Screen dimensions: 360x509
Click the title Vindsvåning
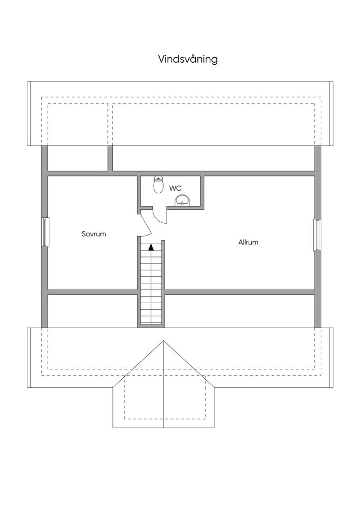tap(188, 59)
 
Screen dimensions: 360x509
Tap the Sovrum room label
tap(94, 234)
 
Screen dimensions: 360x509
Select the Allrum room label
tap(248, 243)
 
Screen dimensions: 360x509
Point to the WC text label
tap(175, 188)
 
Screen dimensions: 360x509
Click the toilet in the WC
tap(159, 185)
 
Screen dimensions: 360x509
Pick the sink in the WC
tap(182, 200)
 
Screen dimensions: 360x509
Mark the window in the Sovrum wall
tap(45, 232)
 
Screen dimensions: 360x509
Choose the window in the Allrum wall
tap(316, 235)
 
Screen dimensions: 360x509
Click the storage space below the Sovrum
tap(92, 311)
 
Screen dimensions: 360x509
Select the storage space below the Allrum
tap(240, 311)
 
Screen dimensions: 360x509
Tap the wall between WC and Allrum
tap(203, 191)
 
